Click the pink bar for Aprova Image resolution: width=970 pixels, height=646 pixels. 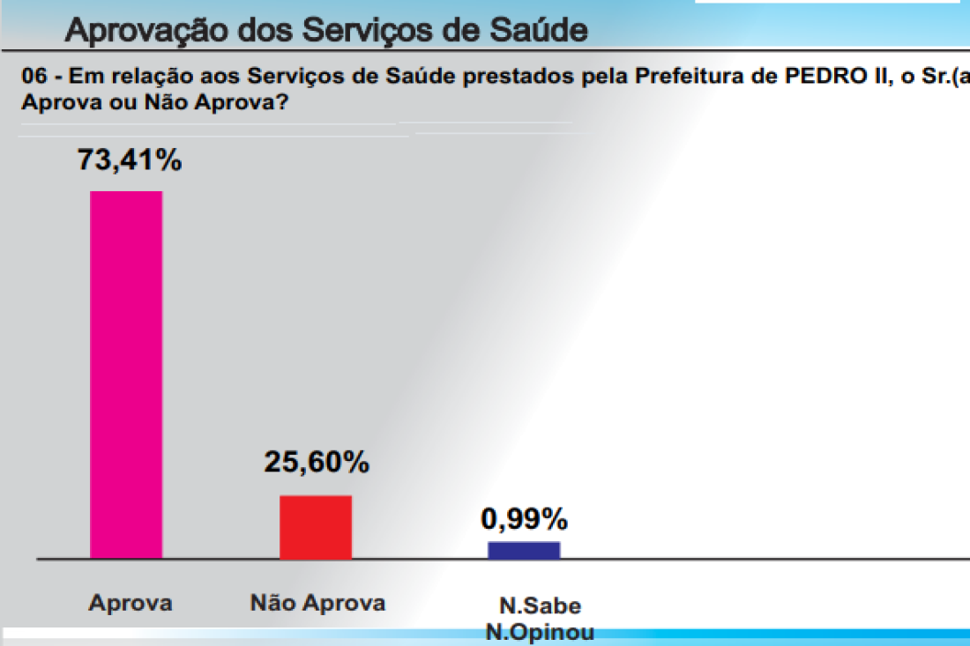click(x=126, y=375)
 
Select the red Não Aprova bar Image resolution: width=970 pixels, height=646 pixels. click(x=316, y=527)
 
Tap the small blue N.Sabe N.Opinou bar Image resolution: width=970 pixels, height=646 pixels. click(x=524, y=550)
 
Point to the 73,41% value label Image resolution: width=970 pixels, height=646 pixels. click(x=130, y=160)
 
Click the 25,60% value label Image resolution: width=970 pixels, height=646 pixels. click(x=317, y=461)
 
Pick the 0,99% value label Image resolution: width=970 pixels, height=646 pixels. click(x=524, y=517)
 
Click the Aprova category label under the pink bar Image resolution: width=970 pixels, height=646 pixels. click(x=131, y=604)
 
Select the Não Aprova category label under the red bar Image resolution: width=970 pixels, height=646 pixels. click(x=318, y=604)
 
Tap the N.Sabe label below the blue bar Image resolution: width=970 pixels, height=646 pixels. click(x=541, y=606)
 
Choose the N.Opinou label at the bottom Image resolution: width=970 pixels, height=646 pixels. click(x=540, y=632)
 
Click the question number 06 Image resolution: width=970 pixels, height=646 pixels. click(x=32, y=77)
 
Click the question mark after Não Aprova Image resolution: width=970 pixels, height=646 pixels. click(x=283, y=101)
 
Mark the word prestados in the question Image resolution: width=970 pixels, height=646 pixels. click(x=525, y=77)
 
